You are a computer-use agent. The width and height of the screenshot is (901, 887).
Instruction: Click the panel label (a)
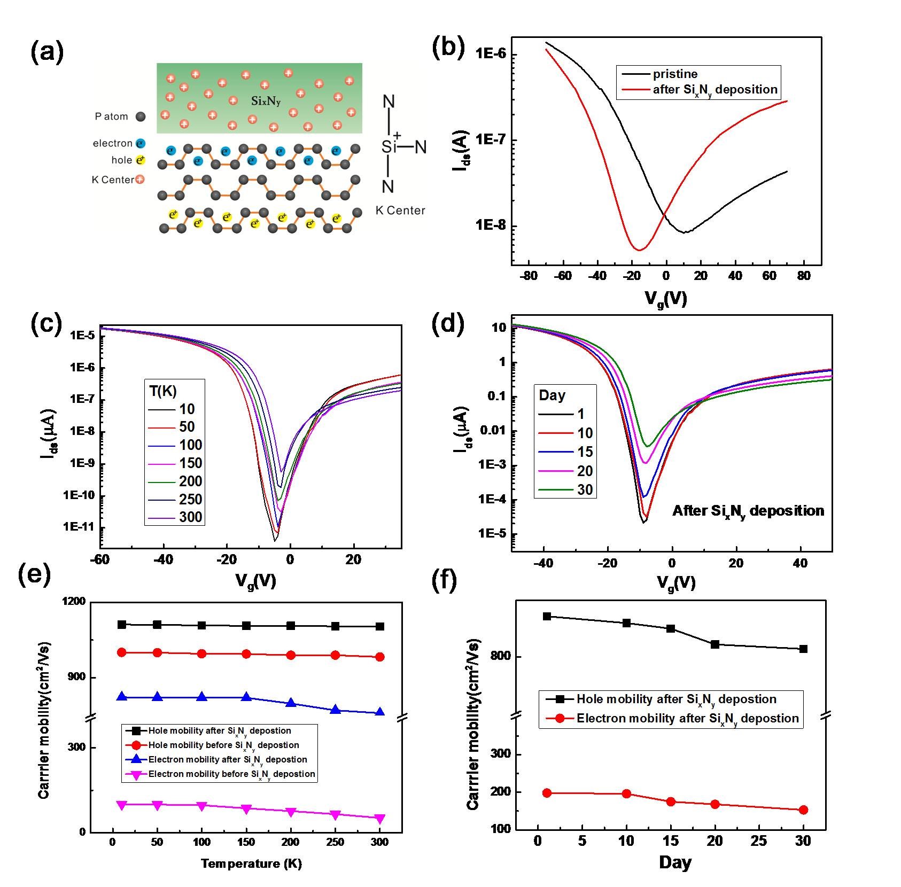point(47,52)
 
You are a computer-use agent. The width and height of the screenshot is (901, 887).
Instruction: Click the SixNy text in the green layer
point(266,100)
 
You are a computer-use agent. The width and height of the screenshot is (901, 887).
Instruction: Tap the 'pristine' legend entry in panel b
point(675,74)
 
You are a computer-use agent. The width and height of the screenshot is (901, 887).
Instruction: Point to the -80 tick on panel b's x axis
point(529,276)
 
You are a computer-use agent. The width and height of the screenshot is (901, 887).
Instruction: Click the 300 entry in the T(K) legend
point(190,517)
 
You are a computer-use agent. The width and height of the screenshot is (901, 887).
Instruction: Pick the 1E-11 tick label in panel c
point(79,527)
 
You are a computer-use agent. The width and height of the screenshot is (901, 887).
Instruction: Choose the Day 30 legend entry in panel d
point(585,490)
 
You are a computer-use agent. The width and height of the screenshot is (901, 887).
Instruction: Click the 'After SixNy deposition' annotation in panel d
point(748,511)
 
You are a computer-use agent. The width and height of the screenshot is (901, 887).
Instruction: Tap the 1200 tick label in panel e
point(74,602)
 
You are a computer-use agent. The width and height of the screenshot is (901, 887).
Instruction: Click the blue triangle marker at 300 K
point(380,712)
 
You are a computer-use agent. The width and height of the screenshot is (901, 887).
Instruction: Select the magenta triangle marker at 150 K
point(246,809)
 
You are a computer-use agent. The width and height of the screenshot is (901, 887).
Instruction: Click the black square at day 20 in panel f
point(715,644)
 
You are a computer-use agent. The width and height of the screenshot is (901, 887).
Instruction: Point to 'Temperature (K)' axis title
point(251,863)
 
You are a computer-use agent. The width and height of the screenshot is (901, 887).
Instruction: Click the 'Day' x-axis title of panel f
point(675,862)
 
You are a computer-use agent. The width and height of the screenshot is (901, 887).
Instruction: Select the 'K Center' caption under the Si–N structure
point(400,211)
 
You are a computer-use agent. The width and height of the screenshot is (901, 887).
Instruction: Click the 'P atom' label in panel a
point(112,116)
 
